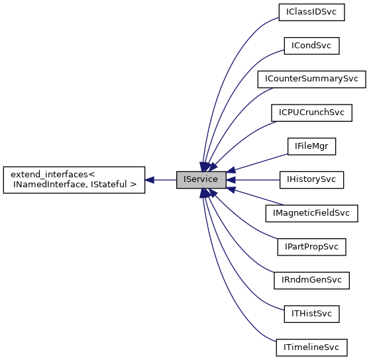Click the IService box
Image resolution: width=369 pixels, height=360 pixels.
[201, 179]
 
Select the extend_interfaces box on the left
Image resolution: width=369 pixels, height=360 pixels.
[74, 179]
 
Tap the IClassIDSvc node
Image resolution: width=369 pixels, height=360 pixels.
[311, 12]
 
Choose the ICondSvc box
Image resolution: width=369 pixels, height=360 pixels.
[311, 46]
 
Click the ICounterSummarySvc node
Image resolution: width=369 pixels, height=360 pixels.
[311, 79]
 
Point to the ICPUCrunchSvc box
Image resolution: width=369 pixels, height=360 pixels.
[311, 112]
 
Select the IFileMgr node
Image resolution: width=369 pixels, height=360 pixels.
[311, 146]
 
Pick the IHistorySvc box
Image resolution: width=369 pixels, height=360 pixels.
[311, 179]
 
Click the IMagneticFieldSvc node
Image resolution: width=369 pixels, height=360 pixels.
[311, 213]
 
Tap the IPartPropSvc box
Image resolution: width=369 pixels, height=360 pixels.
[311, 246]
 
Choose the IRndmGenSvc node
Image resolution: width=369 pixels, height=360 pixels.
[311, 280]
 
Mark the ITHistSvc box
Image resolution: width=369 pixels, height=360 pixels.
[311, 313]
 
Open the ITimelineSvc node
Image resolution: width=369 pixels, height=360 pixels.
[311, 347]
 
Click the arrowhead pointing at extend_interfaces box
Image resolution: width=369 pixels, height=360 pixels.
[150, 179]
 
